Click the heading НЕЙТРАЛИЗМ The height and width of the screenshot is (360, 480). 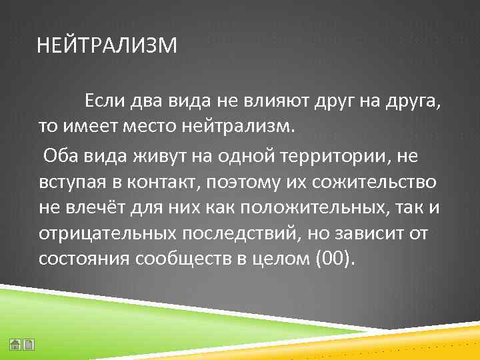[x=107, y=47]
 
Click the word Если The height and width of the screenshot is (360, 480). [x=101, y=101]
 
